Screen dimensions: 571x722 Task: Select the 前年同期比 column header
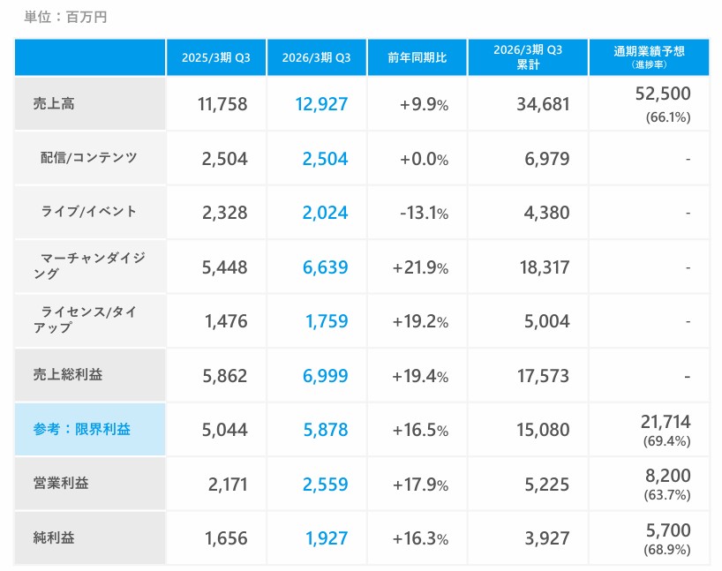[x=417, y=57]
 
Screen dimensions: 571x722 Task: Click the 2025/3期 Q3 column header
[x=216, y=57]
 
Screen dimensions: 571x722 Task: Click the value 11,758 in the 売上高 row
[x=222, y=104]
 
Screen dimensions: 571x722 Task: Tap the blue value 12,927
[x=322, y=104]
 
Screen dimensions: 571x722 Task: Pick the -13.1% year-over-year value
[x=424, y=213]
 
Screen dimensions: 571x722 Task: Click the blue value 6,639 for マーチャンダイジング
[x=325, y=267]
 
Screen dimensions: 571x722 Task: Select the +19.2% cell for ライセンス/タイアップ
[x=420, y=321]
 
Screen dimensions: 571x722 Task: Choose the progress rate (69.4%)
[x=668, y=440]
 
